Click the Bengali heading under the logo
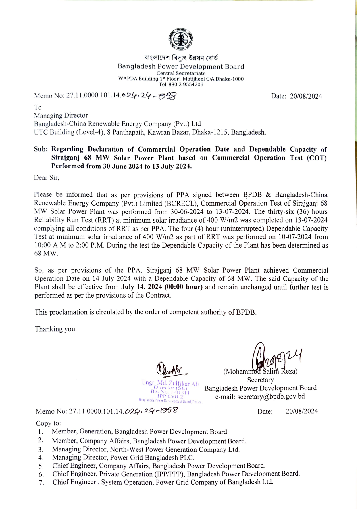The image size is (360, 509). [181, 58]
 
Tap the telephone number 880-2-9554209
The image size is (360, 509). [186, 85]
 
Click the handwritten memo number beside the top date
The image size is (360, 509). [149, 96]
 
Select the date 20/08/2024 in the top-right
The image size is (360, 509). [306, 96]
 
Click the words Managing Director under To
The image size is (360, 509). [61, 116]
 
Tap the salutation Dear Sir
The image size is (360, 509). [46, 178]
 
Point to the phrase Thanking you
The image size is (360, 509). [56, 329]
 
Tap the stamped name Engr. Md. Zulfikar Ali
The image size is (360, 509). [170, 383]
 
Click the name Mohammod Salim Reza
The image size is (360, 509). [260, 372]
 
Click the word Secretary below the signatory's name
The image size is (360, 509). [260, 380]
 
